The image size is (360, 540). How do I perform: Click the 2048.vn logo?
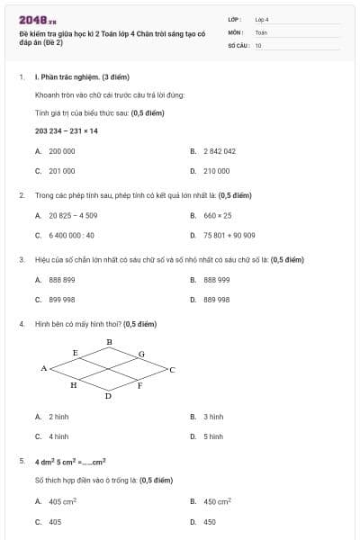pos(37,21)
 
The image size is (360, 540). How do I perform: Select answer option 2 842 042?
pos(219,151)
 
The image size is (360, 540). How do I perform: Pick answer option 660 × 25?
pos(217,216)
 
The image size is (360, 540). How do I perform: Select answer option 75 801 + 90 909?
pos(229,235)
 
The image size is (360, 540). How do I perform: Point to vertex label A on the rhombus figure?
pos(43,369)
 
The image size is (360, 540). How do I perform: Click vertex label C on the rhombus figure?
pos(172,369)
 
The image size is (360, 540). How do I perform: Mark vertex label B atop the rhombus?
pos(109,342)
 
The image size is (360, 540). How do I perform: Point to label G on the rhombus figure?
pos(141,354)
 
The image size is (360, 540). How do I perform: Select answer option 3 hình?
pos(212,417)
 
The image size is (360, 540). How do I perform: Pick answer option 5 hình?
pos(212,436)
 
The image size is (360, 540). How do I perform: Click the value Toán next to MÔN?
pos(261,31)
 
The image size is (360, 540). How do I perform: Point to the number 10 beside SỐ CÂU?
pos(258,44)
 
